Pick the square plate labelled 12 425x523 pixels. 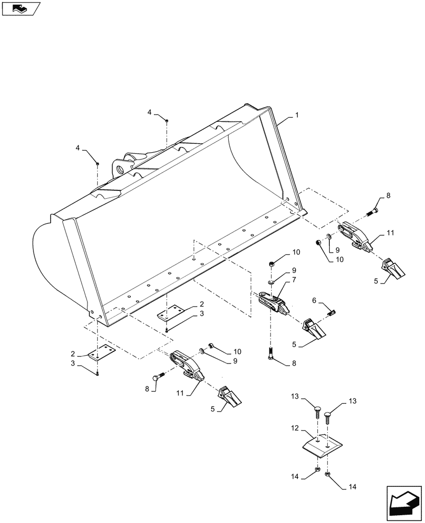click(322, 445)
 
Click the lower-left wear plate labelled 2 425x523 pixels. click(102, 355)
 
